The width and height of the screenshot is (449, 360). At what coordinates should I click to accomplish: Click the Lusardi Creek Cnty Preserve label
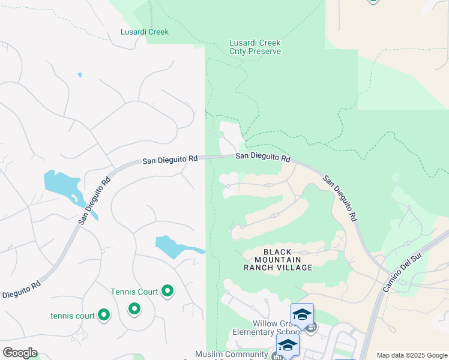(x=255, y=47)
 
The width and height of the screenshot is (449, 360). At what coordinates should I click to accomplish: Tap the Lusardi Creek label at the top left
(x=145, y=32)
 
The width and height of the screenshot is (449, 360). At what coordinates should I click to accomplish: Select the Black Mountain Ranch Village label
(x=278, y=260)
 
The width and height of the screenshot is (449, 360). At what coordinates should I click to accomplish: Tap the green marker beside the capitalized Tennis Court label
(x=168, y=292)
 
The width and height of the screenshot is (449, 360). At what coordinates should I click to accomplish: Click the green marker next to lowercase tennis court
(x=104, y=314)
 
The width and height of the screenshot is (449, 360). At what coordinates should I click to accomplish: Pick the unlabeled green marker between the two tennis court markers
(x=134, y=308)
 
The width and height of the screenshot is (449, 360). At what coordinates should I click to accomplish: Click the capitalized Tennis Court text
(x=134, y=292)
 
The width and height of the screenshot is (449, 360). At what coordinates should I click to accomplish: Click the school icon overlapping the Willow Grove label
(x=302, y=314)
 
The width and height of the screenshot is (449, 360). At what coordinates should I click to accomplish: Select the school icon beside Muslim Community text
(x=288, y=345)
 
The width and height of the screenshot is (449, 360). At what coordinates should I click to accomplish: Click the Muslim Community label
(x=231, y=355)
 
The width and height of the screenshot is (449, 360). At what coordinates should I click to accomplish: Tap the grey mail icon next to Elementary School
(x=312, y=328)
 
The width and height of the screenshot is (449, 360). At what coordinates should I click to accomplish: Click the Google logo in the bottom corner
(x=20, y=353)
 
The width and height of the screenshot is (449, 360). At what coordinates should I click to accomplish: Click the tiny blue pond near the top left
(x=80, y=76)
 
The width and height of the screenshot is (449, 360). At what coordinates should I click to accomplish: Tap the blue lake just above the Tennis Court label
(x=176, y=246)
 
